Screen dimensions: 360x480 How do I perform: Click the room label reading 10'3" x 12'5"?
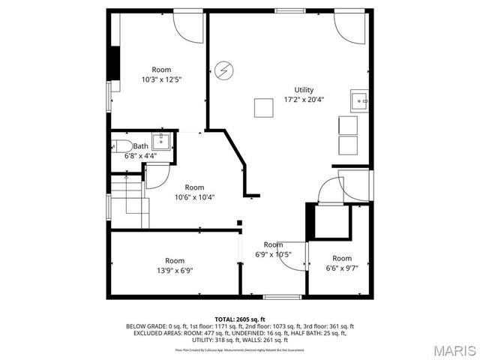(x=161, y=74)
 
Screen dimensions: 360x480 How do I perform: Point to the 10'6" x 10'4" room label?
(x=194, y=192)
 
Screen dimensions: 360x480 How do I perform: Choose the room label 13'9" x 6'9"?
(x=175, y=266)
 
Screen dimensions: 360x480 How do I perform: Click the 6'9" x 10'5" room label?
(x=273, y=250)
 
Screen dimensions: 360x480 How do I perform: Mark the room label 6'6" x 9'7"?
(x=342, y=263)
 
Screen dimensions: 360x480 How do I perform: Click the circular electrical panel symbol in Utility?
(x=223, y=71)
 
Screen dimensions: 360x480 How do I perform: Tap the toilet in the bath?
(x=121, y=145)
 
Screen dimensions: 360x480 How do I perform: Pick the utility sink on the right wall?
(x=360, y=100)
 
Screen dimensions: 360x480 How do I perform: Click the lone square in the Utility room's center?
(x=263, y=107)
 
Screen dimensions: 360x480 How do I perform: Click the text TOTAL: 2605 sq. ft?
(x=240, y=319)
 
